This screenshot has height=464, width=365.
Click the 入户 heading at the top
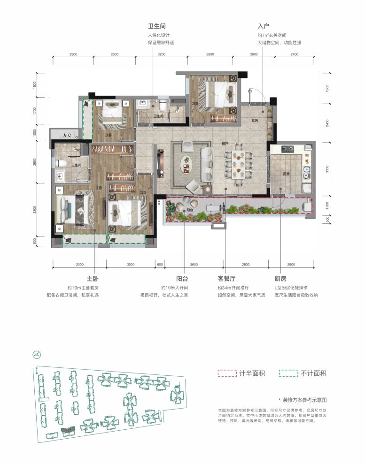point(263,27)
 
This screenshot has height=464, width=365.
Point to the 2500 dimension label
point(73,54)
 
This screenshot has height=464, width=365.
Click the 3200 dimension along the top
point(162,54)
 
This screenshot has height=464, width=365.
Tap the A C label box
point(67,135)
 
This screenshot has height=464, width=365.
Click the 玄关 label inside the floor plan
point(255,121)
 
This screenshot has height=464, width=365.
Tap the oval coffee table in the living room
point(187,165)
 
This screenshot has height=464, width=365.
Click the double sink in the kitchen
point(306,173)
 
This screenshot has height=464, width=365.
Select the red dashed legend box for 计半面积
point(226,373)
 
